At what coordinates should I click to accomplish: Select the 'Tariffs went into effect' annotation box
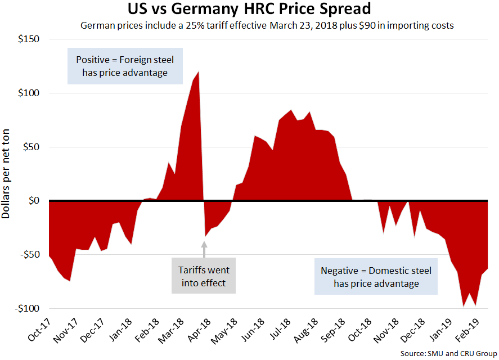[205, 276]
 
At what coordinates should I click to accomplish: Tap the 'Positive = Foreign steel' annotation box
[124, 66]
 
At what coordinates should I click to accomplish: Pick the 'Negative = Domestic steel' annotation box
[376, 277]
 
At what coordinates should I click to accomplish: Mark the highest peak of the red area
[199, 72]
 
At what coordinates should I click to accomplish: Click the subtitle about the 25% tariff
[267, 25]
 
